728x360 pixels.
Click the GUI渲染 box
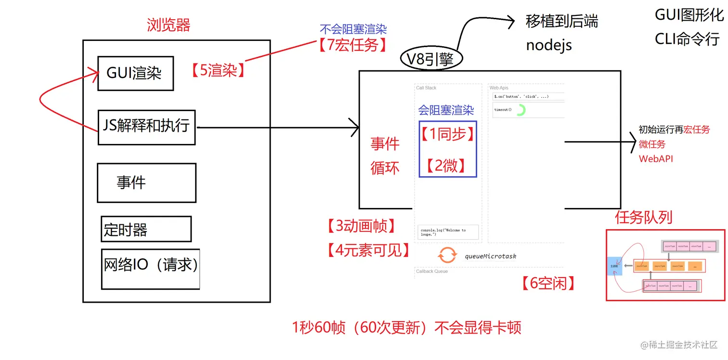point(135,73)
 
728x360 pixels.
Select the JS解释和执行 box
point(146,127)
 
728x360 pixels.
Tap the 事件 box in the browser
point(146,182)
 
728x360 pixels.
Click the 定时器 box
point(145,229)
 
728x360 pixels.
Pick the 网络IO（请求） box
point(150,269)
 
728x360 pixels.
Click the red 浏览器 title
point(169,25)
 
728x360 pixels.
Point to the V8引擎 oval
point(431,59)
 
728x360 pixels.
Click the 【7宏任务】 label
point(353,45)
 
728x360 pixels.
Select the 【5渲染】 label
point(218,71)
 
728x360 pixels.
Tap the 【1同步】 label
point(447,134)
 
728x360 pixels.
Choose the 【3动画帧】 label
point(361,225)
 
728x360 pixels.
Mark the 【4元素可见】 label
point(368,250)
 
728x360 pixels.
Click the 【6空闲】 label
point(548,283)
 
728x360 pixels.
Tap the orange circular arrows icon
point(447,255)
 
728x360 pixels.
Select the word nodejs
point(549,45)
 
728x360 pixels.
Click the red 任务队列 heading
point(643,218)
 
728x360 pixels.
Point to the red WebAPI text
point(656,158)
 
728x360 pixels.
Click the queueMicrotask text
point(490,256)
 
